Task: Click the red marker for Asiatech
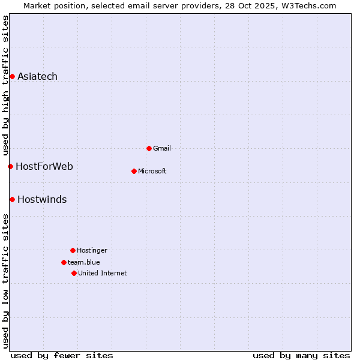pos(12,76)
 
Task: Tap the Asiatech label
pos(37,76)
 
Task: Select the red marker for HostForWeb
pos(10,166)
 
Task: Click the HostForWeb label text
pos(44,166)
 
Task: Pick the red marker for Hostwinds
pos(12,199)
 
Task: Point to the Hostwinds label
pos(42,199)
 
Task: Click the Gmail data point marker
pos(149,148)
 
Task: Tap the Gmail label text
pos(162,148)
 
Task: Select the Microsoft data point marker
pos(134,171)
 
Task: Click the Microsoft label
pos(152,171)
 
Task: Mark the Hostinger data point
pos(73,250)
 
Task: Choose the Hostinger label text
pos(92,250)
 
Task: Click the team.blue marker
pos(64,262)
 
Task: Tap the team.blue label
pos(84,262)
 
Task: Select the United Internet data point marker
pos(74,273)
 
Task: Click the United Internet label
pos(103,273)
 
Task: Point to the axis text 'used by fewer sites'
pos(62,355)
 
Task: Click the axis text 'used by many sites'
pos(301,355)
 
